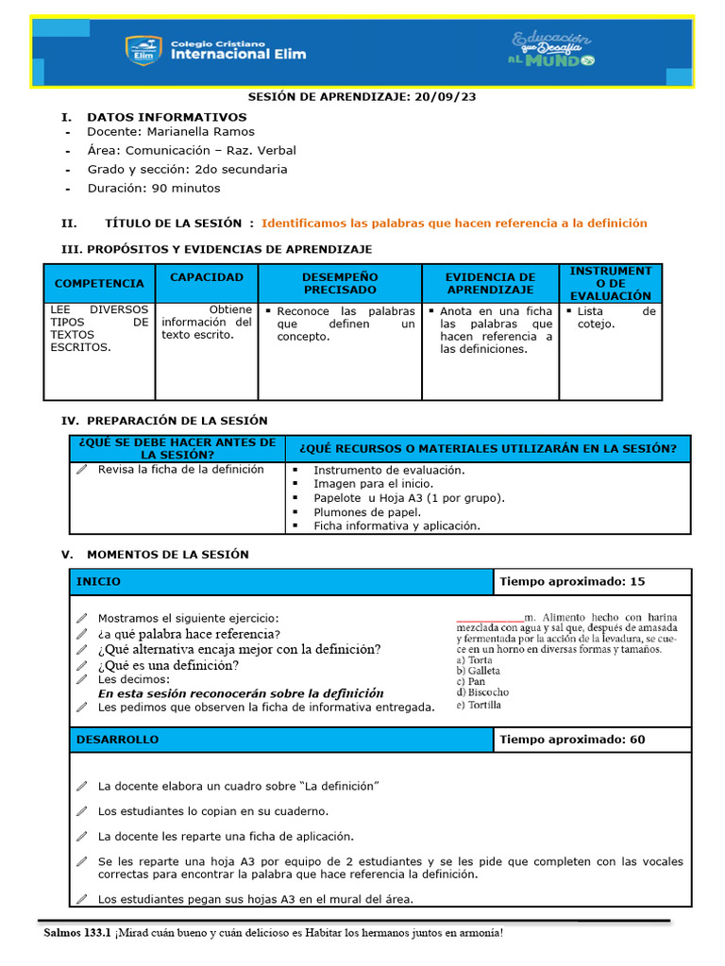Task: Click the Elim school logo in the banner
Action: (141, 50)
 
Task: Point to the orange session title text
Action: (454, 224)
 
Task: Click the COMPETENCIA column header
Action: (99, 283)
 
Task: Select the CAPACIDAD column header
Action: (206, 277)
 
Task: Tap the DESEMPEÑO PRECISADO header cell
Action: (340, 283)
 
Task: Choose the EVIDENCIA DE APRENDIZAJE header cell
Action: (490, 283)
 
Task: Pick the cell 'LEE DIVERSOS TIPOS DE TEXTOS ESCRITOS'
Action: (99, 328)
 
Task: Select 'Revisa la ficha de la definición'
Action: (180, 470)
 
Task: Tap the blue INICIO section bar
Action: (281, 582)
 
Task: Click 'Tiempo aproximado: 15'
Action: (572, 582)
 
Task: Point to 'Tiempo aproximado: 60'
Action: (572, 740)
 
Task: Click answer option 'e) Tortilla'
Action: (479, 705)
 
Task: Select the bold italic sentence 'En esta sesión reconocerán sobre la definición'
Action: (241, 692)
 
